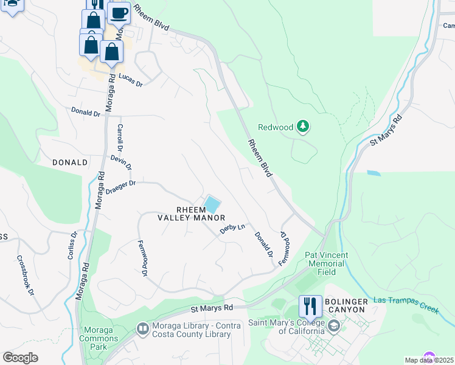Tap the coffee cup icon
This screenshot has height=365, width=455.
(x=119, y=12)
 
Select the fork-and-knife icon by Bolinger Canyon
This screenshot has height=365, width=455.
(x=310, y=306)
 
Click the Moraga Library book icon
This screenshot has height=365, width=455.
(x=142, y=329)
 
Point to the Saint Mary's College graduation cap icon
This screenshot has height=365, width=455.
(x=333, y=327)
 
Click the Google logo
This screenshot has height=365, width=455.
(x=20, y=358)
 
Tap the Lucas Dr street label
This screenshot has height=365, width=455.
(x=130, y=80)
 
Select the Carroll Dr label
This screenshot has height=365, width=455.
(x=119, y=137)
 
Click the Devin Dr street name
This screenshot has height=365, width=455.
(x=121, y=162)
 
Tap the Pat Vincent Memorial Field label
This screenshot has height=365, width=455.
(x=327, y=264)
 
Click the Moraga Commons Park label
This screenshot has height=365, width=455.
(x=96, y=338)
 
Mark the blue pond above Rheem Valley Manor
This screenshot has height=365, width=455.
(x=212, y=203)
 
